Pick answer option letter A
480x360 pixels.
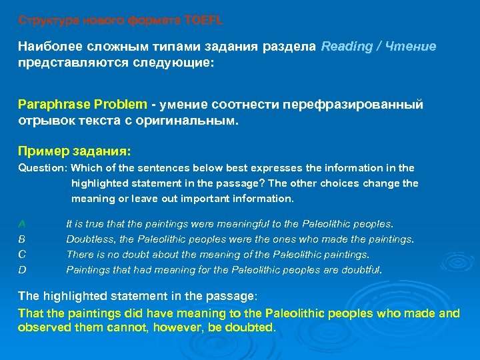(22, 223)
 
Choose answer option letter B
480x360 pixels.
(22, 239)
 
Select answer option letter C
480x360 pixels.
(22, 254)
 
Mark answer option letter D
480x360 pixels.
(22, 270)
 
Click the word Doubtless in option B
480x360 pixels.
(88, 239)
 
